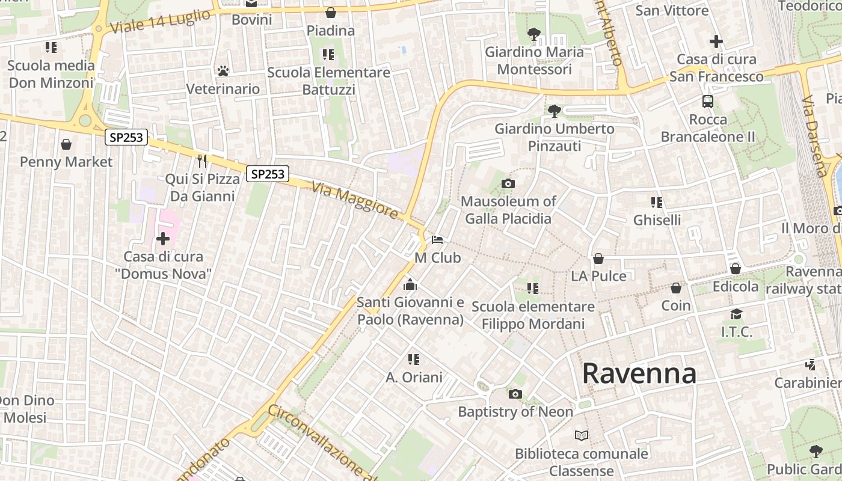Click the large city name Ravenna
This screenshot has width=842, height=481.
[x=639, y=374]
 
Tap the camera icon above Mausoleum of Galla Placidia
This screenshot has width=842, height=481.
[x=508, y=183]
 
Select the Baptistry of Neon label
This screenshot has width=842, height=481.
[x=515, y=412]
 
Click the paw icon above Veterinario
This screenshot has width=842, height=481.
[x=223, y=71]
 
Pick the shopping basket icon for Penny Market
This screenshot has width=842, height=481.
[x=66, y=144]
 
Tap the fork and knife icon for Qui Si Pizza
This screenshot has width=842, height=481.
[x=202, y=161]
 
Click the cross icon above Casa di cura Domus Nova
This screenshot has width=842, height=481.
[x=163, y=239]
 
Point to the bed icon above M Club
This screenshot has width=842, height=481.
[x=437, y=240]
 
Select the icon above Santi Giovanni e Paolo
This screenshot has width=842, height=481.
[x=410, y=284]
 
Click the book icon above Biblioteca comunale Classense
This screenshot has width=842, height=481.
[x=582, y=435]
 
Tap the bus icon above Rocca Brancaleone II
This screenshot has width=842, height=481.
[x=708, y=102]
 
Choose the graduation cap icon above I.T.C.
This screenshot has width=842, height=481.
[x=736, y=314]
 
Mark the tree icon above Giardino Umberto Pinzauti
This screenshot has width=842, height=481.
[x=554, y=111]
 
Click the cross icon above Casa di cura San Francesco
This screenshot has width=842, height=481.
[x=716, y=41]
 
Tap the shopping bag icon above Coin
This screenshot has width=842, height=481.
[x=676, y=288]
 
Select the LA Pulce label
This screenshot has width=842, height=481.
[x=598, y=276]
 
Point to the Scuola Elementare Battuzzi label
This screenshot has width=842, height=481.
[x=328, y=81]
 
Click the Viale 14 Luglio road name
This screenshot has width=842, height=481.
[x=161, y=21]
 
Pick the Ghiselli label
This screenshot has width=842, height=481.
[x=657, y=220]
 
